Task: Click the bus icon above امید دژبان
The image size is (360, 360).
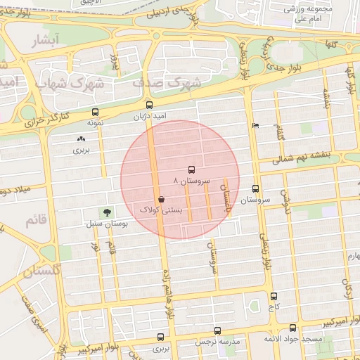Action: [147, 105]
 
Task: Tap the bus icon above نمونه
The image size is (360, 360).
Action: [95, 112]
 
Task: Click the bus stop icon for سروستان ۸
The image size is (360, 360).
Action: [191, 169]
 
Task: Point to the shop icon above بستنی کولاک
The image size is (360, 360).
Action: [162, 200]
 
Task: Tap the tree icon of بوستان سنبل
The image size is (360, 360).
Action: [106, 212]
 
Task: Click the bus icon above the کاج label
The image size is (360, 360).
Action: [273, 296]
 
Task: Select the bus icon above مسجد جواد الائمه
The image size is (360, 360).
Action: [292, 328]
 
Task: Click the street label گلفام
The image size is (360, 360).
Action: [281, 130]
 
